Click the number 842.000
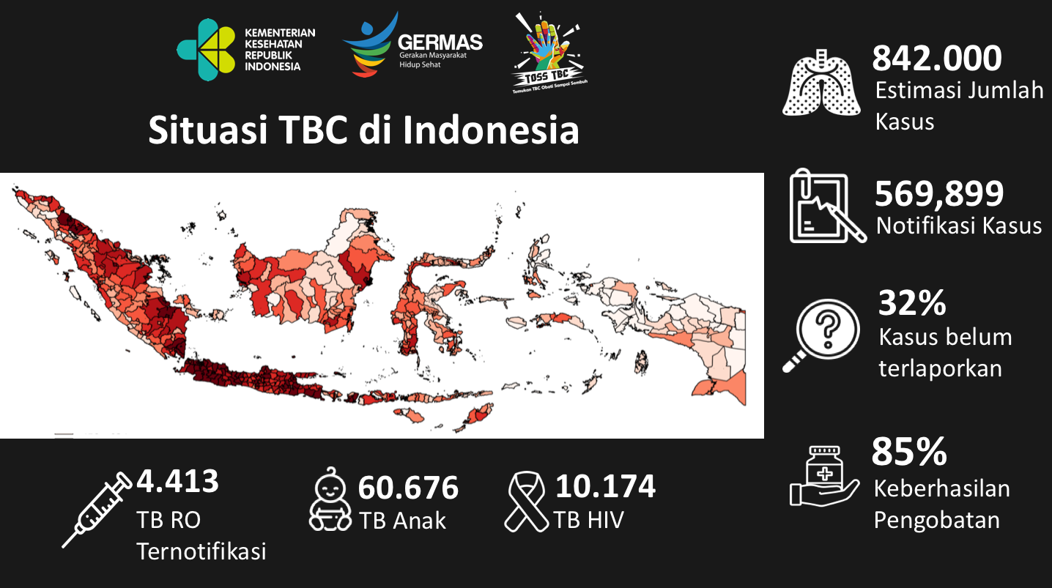937,58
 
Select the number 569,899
939,193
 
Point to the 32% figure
912,302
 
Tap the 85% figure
909,453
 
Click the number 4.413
177,481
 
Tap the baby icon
330,498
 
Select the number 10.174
605,485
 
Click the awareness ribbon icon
527,501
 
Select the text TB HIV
589,520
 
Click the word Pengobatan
937,520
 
